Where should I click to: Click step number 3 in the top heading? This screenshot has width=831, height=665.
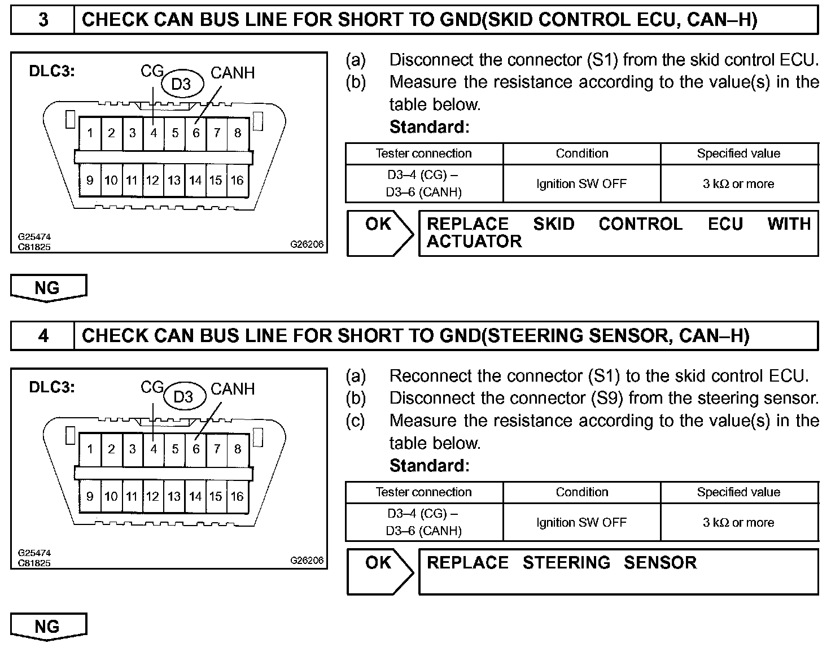pyautogui.click(x=43, y=20)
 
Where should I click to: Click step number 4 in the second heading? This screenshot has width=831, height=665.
pyautogui.click(x=43, y=336)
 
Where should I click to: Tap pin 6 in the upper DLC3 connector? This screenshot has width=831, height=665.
pyautogui.click(x=196, y=133)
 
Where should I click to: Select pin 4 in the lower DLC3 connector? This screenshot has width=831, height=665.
pyautogui.click(x=154, y=449)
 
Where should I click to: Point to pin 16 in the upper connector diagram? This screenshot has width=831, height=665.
pyautogui.click(x=237, y=180)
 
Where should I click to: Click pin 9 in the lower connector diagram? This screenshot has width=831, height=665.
pyautogui.click(x=90, y=496)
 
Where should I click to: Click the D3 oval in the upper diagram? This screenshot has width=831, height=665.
pyautogui.click(x=181, y=85)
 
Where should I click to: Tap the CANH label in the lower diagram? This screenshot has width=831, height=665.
pyautogui.click(x=233, y=389)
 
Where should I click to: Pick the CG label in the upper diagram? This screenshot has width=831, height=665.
pyautogui.click(x=151, y=71)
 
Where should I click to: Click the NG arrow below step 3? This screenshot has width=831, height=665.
pyautogui.click(x=47, y=288)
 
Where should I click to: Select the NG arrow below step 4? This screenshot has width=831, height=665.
pyautogui.click(x=47, y=627)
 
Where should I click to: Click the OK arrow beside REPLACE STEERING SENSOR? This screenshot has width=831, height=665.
pyautogui.click(x=379, y=571)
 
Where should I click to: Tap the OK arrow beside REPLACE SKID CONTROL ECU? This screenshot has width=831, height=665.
pyautogui.click(x=379, y=233)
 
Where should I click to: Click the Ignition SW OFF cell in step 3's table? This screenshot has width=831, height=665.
pyautogui.click(x=581, y=184)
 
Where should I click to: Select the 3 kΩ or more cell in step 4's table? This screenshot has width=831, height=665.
pyautogui.click(x=738, y=523)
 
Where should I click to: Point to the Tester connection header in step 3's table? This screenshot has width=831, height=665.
pyautogui.click(x=423, y=154)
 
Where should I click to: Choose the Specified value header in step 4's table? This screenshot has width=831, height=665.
pyautogui.click(x=738, y=492)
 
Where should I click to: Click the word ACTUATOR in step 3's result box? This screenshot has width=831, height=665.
pyautogui.click(x=474, y=242)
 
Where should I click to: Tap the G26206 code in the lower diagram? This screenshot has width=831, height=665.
pyautogui.click(x=307, y=561)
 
